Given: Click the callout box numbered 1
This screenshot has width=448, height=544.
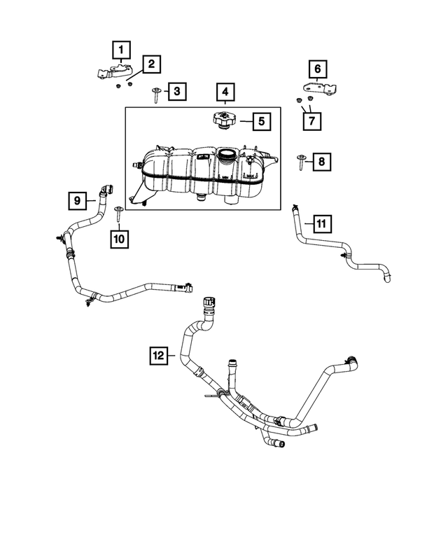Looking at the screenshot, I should click(x=121, y=50).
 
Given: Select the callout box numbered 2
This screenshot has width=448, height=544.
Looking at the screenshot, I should click(x=151, y=65).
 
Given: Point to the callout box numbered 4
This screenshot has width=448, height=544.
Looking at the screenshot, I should click(x=225, y=92).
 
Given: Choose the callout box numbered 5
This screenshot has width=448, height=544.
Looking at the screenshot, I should click(x=260, y=121).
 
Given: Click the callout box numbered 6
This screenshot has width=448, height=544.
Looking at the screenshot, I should click(x=317, y=69).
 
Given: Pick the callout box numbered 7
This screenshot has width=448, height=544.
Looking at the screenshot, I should click(x=312, y=120).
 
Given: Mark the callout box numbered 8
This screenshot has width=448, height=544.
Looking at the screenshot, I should click(x=321, y=162).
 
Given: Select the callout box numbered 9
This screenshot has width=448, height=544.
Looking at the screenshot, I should click(x=78, y=200).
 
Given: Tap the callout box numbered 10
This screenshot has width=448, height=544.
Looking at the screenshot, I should click(x=119, y=239).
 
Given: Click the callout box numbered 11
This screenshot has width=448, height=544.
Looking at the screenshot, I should click(x=321, y=224).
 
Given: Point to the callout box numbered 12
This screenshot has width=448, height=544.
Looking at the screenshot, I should click(x=159, y=356).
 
